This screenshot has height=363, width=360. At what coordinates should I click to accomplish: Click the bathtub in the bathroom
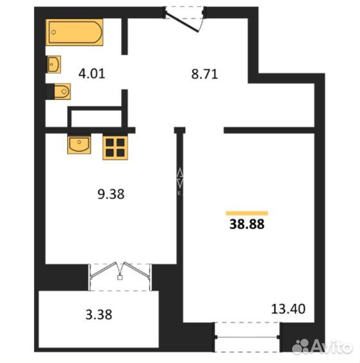click(x=74, y=32)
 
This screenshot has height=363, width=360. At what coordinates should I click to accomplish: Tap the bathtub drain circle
click(x=54, y=33)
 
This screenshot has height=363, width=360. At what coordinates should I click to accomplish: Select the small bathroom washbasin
click(x=54, y=65)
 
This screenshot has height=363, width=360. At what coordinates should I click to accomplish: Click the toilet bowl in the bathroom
click(x=62, y=92)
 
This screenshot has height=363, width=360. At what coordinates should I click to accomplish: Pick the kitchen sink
click(x=79, y=144)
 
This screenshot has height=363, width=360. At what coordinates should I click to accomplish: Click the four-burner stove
click(x=115, y=147)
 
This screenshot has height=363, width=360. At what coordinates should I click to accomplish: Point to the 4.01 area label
click(x=92, y=74)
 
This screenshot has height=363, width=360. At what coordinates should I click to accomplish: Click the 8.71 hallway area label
click(x=204, y=74)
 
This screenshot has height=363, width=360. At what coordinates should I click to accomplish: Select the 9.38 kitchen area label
click(x=111, y=194)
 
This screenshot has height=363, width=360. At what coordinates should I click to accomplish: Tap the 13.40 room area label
click(x=288, y=309)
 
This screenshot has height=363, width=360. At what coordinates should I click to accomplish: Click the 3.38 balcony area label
click(x=99, y=314)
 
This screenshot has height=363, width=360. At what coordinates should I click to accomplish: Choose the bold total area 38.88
click(x=247, y=224)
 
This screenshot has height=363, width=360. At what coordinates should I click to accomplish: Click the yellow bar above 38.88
click(x=247, y=213)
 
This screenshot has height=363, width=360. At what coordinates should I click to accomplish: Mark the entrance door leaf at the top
click(x=183, y=22)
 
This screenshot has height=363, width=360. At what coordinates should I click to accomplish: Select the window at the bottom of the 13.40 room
click(x=247, y=337)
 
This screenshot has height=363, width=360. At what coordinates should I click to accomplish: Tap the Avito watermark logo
click(x=322, y=347)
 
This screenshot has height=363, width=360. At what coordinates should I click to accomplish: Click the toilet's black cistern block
click(x=50, y=92)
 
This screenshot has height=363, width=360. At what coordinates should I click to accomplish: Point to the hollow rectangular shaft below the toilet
click(x=96, y=117)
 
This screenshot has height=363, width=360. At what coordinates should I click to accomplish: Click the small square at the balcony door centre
click(x=120, y=278)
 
